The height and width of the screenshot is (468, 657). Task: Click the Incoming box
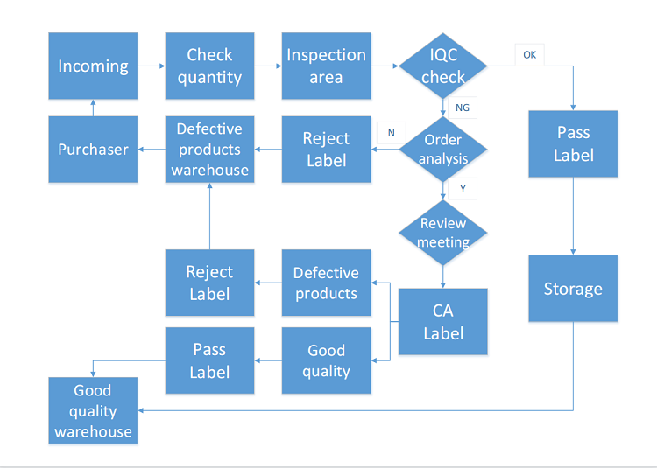(93, 66)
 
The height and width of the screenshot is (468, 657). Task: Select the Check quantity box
(209, 66)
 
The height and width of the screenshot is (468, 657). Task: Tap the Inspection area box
(326, 66)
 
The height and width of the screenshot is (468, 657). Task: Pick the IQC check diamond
(443, 66)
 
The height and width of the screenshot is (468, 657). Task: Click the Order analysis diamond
(443, 149)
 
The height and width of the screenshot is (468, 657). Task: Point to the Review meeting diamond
(443, 233)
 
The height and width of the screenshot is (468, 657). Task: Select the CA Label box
(443, 322)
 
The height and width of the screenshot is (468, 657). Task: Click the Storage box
(573, 288)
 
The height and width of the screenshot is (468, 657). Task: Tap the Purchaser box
(93, 150)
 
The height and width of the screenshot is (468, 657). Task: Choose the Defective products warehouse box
(209, 150)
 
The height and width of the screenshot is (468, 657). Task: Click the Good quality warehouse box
(93, 410)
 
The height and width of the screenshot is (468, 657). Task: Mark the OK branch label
(530, 55)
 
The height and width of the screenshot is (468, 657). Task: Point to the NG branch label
(463, 108)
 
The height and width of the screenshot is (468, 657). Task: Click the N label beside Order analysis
(392, 133)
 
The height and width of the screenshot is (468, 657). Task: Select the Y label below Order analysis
(463, 189)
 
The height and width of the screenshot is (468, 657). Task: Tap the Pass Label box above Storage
(573, 143)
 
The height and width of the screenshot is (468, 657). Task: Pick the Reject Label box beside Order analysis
(326, 150)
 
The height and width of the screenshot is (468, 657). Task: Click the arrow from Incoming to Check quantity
(152, 66)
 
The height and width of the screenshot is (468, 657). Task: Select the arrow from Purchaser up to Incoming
(93, 108)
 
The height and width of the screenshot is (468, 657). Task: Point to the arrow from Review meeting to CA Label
(443, 277)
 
